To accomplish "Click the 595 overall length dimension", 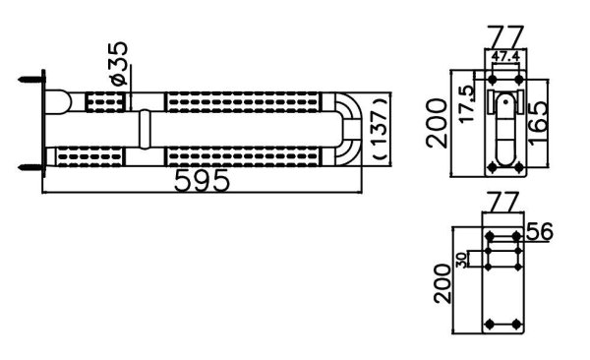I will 203,180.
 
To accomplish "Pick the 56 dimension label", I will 541,231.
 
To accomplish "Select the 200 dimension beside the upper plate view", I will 439,118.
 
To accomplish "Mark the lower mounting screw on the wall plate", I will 32,162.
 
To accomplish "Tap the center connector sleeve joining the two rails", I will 145,129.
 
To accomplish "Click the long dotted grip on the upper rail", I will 244,101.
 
